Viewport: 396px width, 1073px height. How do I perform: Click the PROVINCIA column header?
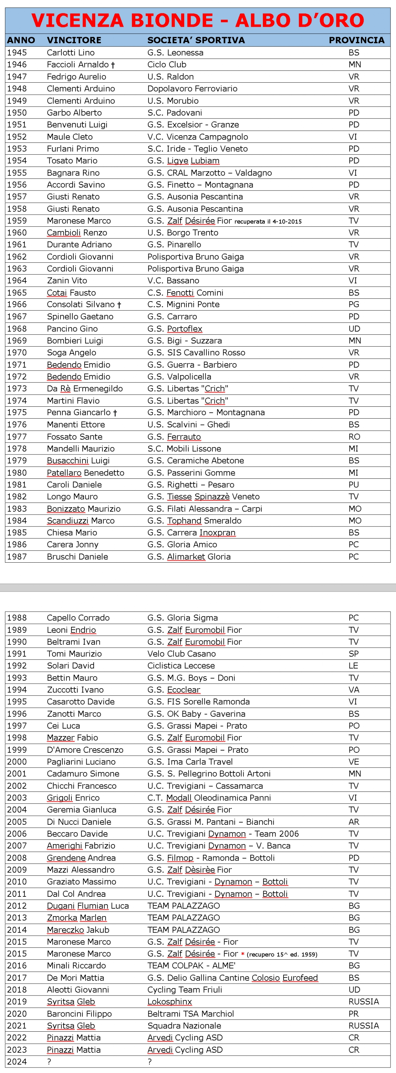point(356,40)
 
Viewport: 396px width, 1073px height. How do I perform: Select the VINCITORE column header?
point(74,40)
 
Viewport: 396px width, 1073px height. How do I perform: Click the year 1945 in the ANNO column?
point(17,53)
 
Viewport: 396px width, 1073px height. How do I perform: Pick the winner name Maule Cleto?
point(70,137)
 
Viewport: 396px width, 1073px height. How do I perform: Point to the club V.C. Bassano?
point(173,280)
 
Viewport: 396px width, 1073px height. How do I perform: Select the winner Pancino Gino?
point(72,329)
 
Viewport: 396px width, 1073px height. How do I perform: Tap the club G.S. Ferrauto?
point(174,436)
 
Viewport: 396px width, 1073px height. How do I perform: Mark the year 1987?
point(17,557)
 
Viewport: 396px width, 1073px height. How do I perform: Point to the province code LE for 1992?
point(353,666)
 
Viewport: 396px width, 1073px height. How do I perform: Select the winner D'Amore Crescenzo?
point(85,750)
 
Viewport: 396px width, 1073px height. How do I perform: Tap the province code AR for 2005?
point(353,822)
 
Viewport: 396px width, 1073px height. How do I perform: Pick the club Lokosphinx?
point(169,1001)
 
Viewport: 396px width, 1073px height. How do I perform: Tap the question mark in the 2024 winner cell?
point(49,1061)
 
